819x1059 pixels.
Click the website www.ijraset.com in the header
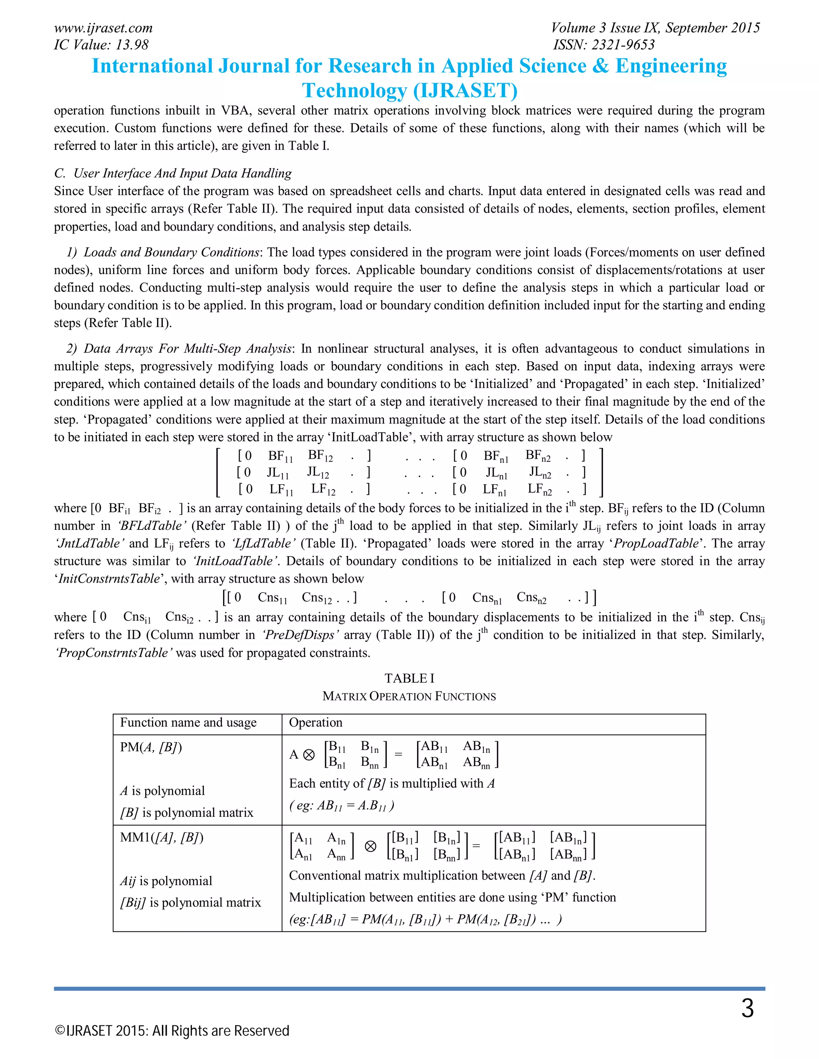[x=103, y=28]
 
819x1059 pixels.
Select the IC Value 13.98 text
[x=101, y=45]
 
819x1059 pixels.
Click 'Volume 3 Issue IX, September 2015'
[x=655, y=28]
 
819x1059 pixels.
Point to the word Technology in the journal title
[x=354, y=91]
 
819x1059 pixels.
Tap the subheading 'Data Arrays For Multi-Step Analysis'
[x=187, y=348]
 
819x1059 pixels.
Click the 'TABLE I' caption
[x=409, y=679]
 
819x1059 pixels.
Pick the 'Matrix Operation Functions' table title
[x=409, y=696]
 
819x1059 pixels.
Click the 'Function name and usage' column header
[x=188, y=723]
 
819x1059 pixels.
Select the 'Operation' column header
[x=316, y=723]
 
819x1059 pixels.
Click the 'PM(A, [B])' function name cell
[x=151, y=747]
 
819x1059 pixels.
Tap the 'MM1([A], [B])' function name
[x=162, y=837]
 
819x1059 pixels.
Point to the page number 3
[x=747, y=1009]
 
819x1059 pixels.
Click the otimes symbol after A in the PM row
[x=309, y=755]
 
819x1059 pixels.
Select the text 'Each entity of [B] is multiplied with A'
[x=392, y=784]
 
